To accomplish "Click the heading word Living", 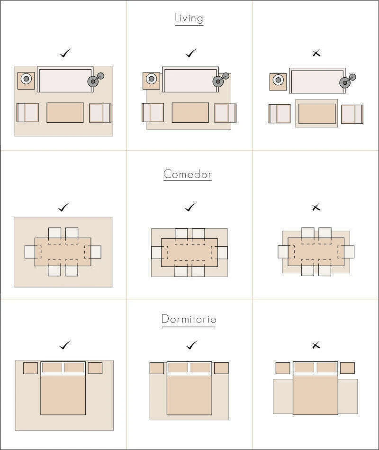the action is pyautogui.click(x=189, y=18).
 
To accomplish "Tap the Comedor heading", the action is pyautogui.click(x=188, y=174).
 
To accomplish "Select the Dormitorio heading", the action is pyautogui.click(x=189, y=319).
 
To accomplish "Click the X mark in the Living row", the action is pyautogui.click(x=316, y=53).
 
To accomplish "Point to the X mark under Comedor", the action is pyautogui.click(x=316, y=207).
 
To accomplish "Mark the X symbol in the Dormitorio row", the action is pyautogui.click(x=316, y=345).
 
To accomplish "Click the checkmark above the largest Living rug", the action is pyautogui.click(x=65, y=53).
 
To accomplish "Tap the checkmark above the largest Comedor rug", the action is pyautogui.click(x=64, y=207).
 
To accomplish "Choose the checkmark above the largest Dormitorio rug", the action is pyautogui.click(x=65, y=345).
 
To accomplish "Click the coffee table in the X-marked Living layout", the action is pyautogui.click(x=316, y=114).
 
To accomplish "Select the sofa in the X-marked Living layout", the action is pyautogui.click(x=317, y=81).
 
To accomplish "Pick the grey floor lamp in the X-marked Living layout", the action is pyautogui.click(x=347, y=81).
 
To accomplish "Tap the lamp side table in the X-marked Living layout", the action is pyautogui.click(x=278, y=82).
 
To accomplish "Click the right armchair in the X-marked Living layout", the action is pyautogui.click(x=352, y=114).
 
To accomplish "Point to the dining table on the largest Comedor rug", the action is pyautogui.click(x=63, y=252).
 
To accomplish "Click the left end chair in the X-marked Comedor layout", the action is pyautogui.click(x=283, y=252).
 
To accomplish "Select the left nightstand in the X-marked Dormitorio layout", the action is pyautogui.click(x=283, y=368).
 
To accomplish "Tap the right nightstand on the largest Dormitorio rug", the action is pyautogui.click(x=95, y=368).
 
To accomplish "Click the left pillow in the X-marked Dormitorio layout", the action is pyautogui.click(x=304, y=368).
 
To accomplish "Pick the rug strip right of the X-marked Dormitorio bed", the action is pyautogui.click(x=348, y=396).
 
